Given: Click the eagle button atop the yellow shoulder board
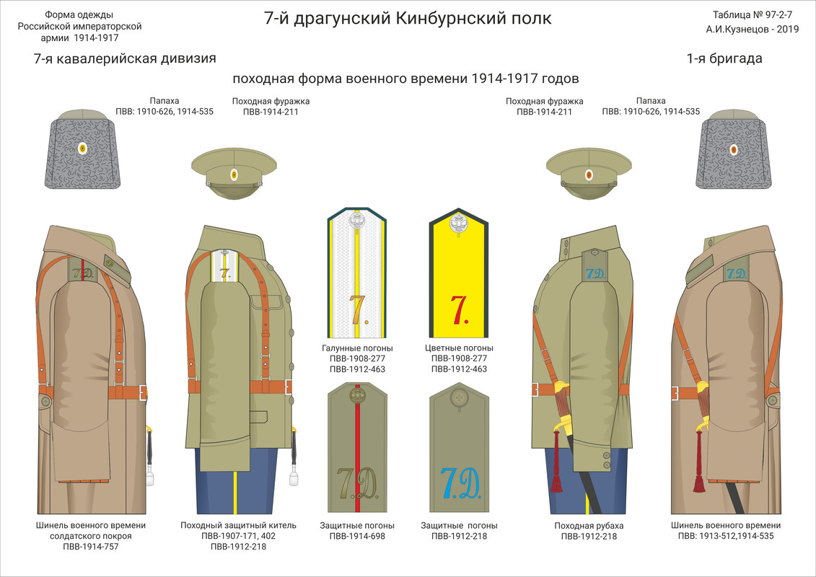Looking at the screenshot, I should pyautogui.click(x=459, y=224).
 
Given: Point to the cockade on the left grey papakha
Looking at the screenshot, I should pyautogui.click(x=82, y=149).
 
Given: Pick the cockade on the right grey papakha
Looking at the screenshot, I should pyautogui.click(x=734, y=149).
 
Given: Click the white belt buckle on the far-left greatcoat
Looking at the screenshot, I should pyautogui.click(x=143, y=392).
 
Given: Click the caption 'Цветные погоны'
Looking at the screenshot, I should pyautogui.click(x=459, y=348).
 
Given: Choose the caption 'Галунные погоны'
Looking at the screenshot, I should pyautogui.click(x=357, y=348).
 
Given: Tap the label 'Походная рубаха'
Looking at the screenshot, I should pyautogui.click(x=589, y=526).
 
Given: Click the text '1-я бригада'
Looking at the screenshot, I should pyautogui.click(x=724, y=59).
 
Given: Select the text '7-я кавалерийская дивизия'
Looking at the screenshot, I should pyautogui.click(x=124, y=59).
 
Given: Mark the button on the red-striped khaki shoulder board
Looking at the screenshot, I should pyautogui.click(x=357, y=395).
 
